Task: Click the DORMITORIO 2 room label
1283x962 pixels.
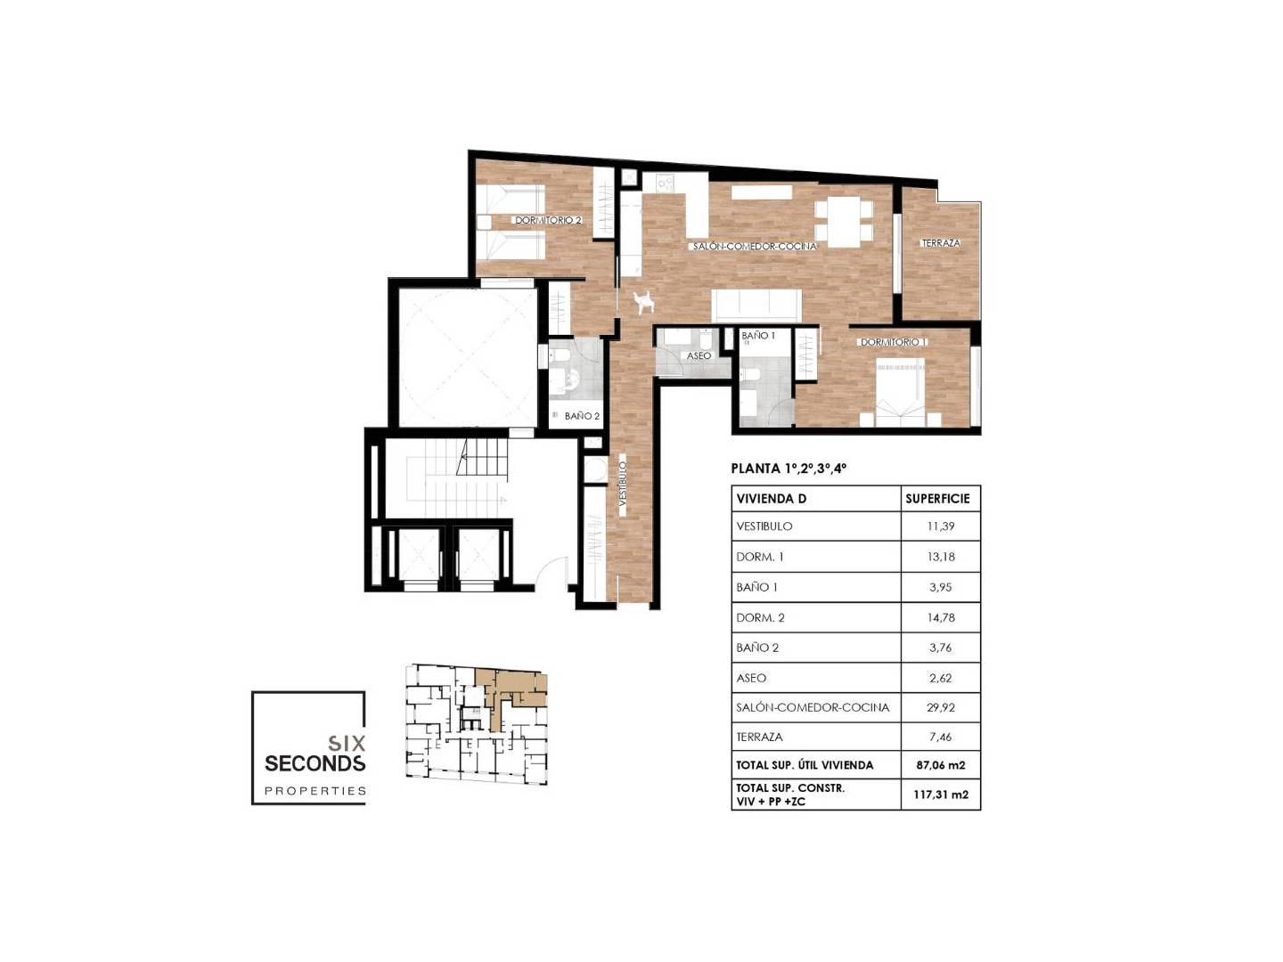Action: tap(548, 221)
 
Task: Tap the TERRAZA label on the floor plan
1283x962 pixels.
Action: tap(941, 243)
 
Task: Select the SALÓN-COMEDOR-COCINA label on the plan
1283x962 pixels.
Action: tap(755, 247)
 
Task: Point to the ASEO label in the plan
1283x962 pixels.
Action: tap(699, 355)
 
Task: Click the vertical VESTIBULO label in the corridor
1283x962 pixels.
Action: tap(623, 484)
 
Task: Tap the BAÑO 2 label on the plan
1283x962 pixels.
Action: tap(582, 417)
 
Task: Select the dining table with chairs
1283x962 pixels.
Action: tap(843, 221)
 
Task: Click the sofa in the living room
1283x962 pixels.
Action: tap(756, 305)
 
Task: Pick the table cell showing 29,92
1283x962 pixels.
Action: tap(940, 707)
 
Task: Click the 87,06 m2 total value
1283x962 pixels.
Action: tap(940, 765)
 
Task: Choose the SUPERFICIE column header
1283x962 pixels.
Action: tap(937, 499)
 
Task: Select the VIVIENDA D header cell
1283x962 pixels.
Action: tap(771, 499)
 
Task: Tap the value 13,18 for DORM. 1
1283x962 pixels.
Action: tap(941, 557)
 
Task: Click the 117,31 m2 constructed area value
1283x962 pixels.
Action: tap(941, 795)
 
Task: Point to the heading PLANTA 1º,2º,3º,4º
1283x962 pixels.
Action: tap(788, 469)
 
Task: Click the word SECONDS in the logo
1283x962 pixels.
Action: tap(315, 762)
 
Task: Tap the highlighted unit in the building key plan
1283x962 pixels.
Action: tap(511, 695)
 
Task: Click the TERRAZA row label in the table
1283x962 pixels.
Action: tap(759, 738)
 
